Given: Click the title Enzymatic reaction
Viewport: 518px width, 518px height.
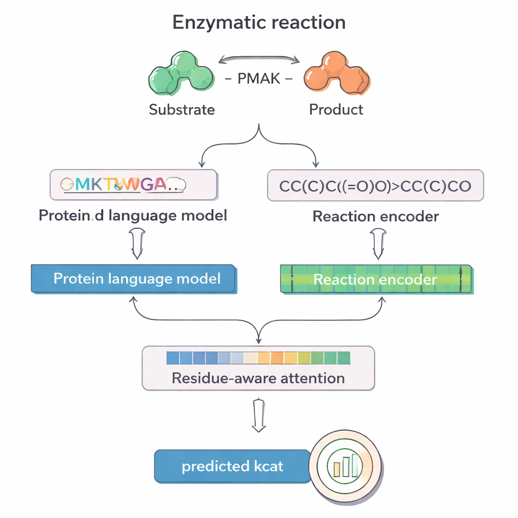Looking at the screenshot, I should (x=259, y=23).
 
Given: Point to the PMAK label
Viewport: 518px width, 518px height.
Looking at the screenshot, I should (x=258, y=79).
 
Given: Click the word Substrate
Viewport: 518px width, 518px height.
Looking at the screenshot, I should (x=182, y=109).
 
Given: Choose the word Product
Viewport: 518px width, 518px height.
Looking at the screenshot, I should (x=336, y=109).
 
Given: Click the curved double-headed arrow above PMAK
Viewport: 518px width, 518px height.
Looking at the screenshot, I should (x=259, y=60).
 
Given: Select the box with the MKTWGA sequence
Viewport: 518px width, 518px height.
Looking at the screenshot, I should (x=134, y=185).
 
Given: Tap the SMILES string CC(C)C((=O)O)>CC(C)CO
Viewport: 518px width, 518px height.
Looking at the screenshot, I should (x=375, y=186).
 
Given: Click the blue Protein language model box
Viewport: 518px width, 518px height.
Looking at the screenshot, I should (x=134, y=279).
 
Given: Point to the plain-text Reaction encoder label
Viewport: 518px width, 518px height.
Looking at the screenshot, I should (x=375, y=217).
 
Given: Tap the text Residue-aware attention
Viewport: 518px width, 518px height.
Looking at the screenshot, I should (x=258, y=378).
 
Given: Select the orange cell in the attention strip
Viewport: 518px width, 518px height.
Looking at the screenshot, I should (x=277, y=358).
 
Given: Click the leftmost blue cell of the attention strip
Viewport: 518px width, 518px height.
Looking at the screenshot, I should (x=173, y=358).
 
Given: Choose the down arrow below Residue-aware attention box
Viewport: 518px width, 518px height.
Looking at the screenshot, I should (x=258, y=415).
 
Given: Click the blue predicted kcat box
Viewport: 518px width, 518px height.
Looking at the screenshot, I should (x=232, y=466).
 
